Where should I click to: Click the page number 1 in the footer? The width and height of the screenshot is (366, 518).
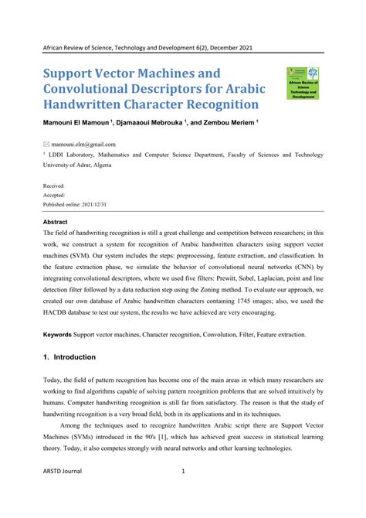183,492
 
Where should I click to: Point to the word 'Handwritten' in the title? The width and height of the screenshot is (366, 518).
90,104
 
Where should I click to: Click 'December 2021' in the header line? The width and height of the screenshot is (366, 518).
230,48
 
